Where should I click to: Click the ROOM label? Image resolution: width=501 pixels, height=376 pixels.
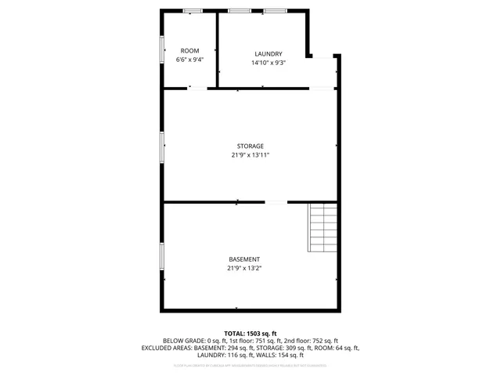click(x=189, y=51)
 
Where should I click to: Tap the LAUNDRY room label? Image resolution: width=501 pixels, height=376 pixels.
click(x=268, y=54)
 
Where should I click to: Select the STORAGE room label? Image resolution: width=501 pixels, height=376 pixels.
click(x=250, y=146)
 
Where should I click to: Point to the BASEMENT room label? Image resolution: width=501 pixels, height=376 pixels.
click(x=244, y=259)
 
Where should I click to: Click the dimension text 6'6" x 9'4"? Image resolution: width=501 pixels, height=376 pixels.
click(x=189, y=60)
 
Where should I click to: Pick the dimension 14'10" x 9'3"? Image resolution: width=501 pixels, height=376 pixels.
click(x=268, y=63)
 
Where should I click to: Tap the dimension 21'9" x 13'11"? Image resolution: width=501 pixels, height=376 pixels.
click(x=250, y=155)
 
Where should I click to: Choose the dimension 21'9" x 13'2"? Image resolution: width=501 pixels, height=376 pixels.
click(x=244, y=268)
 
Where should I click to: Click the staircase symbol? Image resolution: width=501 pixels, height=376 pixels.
click(x=322, y=227)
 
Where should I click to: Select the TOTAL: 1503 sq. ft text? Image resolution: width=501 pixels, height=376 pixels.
click(x=250, y=334)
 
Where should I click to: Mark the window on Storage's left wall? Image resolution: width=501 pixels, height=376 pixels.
click(x=163, y=146)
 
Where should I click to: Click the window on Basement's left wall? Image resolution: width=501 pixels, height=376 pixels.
click(x=163, y=257)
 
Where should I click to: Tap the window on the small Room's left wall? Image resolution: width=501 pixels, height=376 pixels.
click(x=163, y=49)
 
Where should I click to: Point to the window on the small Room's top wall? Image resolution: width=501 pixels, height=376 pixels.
click(x=193, y=10)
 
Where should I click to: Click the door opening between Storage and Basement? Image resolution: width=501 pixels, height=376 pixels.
click(x=276, y=202)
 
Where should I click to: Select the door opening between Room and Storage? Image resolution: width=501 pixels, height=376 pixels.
click(x=197, y=89)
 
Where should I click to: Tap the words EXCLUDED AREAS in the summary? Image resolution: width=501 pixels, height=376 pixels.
click(x=165, y=348)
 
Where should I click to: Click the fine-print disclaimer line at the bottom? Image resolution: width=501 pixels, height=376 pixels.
click(x=250, y=365)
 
